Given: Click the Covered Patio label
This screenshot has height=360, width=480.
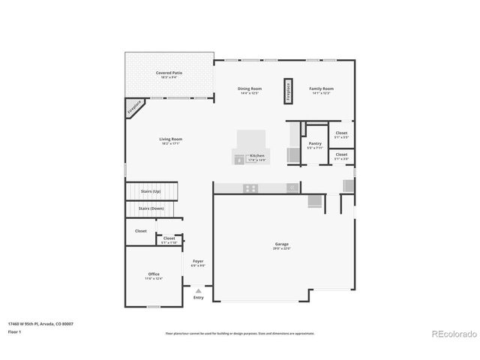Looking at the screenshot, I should (x=169, y=73).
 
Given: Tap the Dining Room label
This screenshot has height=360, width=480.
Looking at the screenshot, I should (x=249, y=89).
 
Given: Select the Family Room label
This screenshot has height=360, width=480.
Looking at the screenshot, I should (x=321, y=89).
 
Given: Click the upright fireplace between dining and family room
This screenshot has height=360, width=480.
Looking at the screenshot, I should (x=286, y=91).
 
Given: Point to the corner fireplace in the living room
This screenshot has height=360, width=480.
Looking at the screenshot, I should (x=134, y=108).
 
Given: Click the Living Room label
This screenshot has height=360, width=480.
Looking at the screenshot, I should (x=171, y=139).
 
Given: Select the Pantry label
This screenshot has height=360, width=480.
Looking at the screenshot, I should (x=315, y=143).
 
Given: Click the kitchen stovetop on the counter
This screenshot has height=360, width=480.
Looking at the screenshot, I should (x=250, y=188).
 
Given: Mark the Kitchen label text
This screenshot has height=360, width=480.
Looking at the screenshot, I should (x=257, y=155).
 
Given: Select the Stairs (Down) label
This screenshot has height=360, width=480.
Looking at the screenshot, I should (x=151, y=208).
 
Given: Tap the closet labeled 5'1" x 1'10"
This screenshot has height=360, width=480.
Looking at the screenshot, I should (x=169, y=239).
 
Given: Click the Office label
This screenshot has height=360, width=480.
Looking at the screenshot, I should (x=153, y=274).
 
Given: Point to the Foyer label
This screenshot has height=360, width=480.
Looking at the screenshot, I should (x=198, y=261).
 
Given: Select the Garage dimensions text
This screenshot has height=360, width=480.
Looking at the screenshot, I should (x=280, y=248).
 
